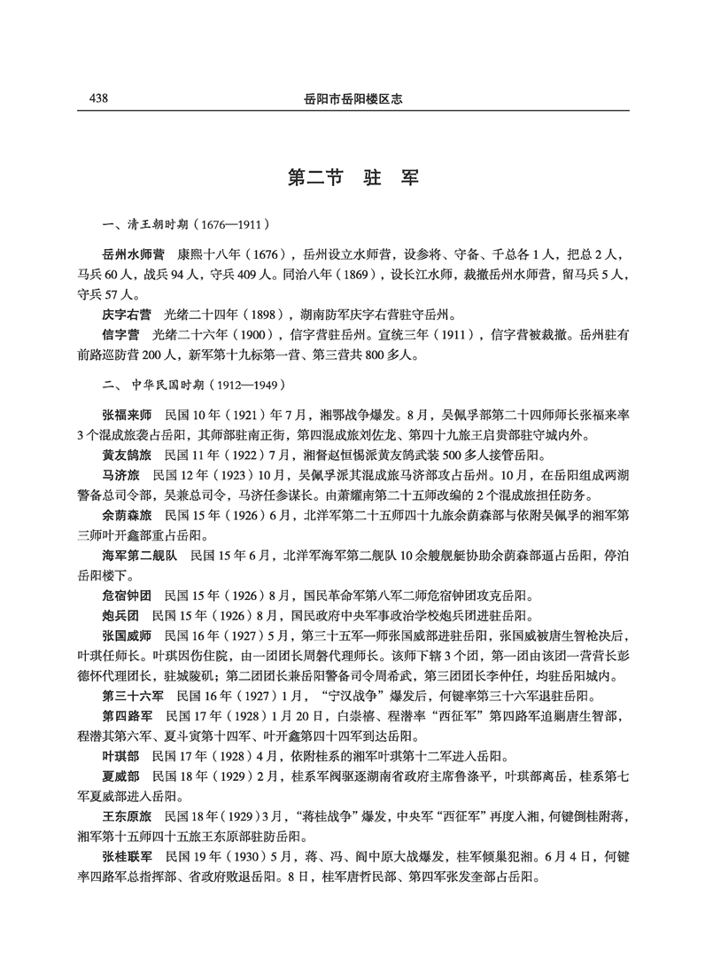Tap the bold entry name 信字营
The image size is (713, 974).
point(120,336)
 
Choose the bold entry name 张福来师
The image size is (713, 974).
point(127,414)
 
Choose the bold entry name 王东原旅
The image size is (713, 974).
point(127,834)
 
